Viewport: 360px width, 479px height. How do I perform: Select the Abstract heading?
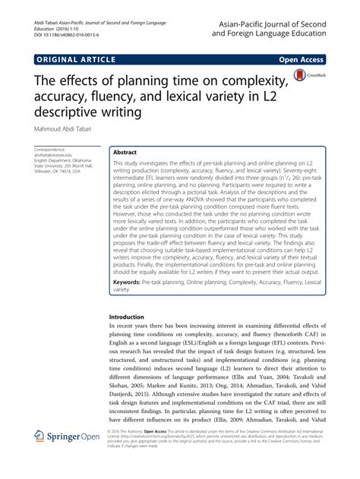tap(126, 152)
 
